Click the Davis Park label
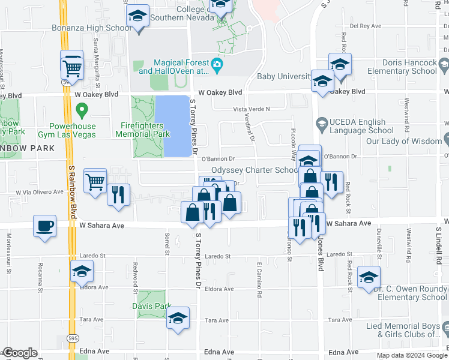click(151, 305)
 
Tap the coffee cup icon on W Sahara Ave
click(45, 226)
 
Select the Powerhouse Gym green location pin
click(83, 110)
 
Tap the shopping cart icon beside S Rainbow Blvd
click(72, 65)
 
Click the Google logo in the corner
click(20, 353)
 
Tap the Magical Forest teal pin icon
click(217, 64)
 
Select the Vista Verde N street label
click(252, 109)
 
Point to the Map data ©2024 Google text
click(411, 355)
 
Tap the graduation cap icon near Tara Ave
click(178, 319)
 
